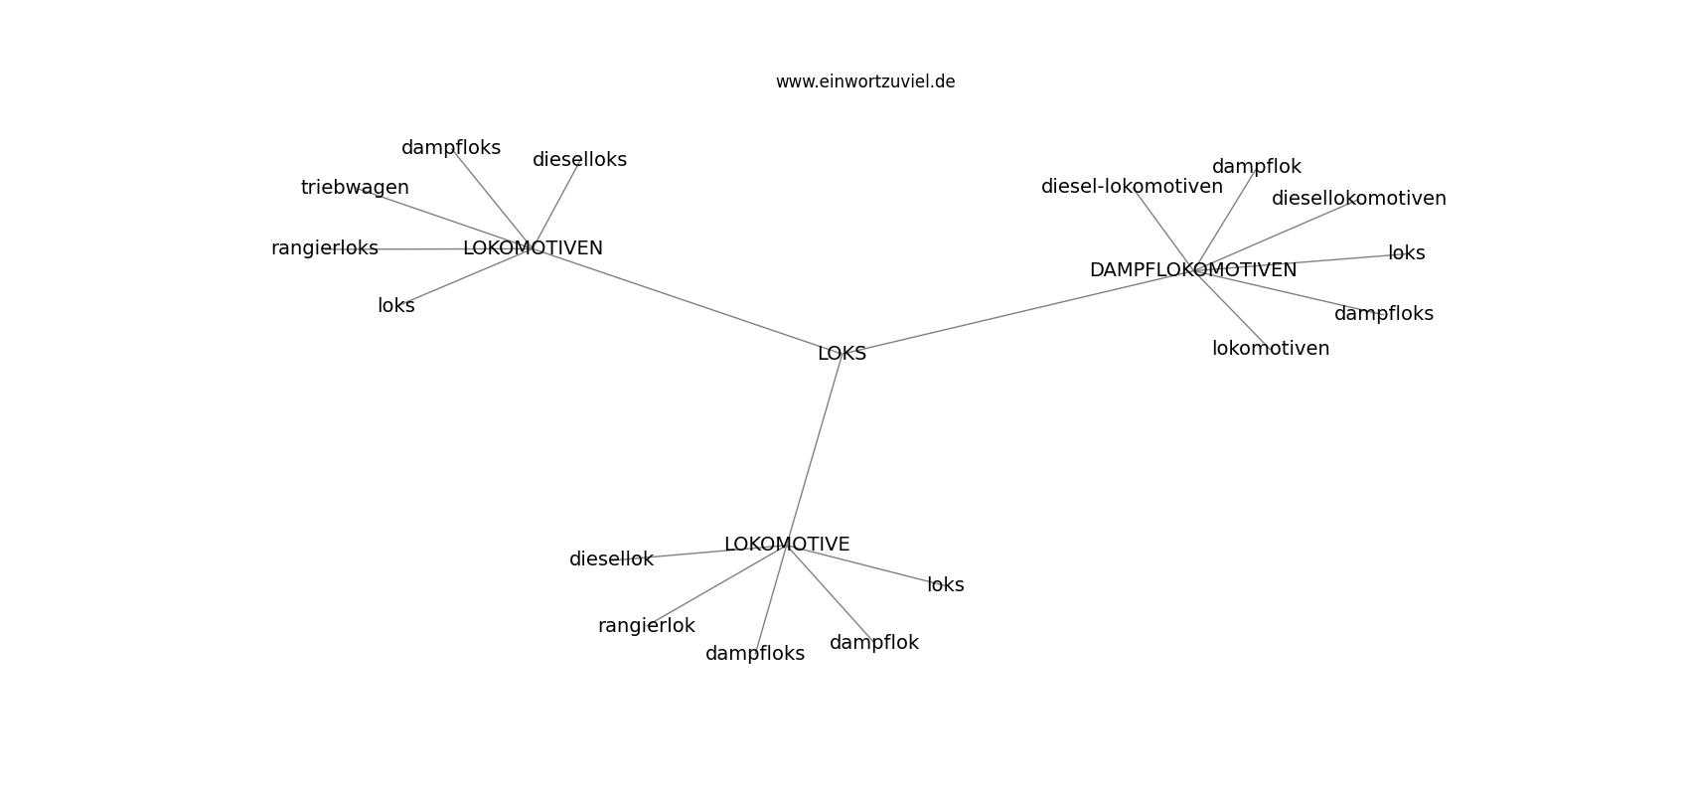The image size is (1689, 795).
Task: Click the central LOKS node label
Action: click(x=842, y=354)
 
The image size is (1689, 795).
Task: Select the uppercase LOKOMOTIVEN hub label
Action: click(x=533, y=248)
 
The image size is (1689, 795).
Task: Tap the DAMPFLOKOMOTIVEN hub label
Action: click(x=1193, y=270)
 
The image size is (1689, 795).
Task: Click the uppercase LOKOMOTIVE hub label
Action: click(x=787, y=545)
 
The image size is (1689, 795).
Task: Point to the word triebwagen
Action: click(x=355, y=187)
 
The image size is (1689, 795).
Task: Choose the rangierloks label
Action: click(x=324, y=248)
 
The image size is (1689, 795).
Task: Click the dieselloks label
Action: click(x=579, y=160)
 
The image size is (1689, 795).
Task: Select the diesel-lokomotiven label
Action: click(x=1132, y=186)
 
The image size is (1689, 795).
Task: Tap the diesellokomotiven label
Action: click(x=1359, y=199)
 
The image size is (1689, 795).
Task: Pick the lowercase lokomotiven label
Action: click(x=1271, y=349)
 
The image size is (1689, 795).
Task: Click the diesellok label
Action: click(x=611, y=559)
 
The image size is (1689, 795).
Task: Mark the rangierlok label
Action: click(x=646, y=626)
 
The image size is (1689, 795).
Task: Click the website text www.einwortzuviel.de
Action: click(x=864, y=81)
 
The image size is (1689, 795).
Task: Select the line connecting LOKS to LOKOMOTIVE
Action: click(x=815, y=449)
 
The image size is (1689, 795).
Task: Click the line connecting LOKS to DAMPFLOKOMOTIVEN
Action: click(x=1017, y=312)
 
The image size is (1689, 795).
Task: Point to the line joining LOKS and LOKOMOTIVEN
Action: click(x=687, y=301)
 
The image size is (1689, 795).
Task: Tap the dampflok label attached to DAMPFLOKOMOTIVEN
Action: click(x=1256, y=167)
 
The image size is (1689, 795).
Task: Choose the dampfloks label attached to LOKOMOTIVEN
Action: click(x=450, y=148)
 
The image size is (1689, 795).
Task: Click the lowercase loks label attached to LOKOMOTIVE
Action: click(x=946, y=584)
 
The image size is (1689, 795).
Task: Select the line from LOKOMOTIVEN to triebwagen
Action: click(x=443, y=218)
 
